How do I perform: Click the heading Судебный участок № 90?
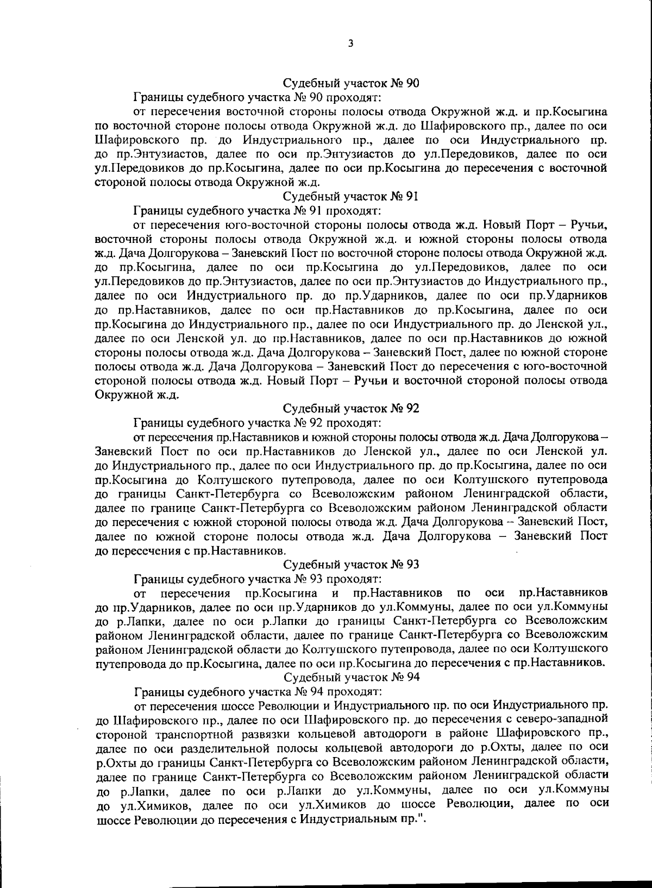[x=351, y=83]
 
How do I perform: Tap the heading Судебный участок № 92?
[x=351, y=408]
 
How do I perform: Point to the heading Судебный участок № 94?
[x=351, y=677]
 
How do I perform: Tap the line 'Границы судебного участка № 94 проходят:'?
[x=258, y=692]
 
